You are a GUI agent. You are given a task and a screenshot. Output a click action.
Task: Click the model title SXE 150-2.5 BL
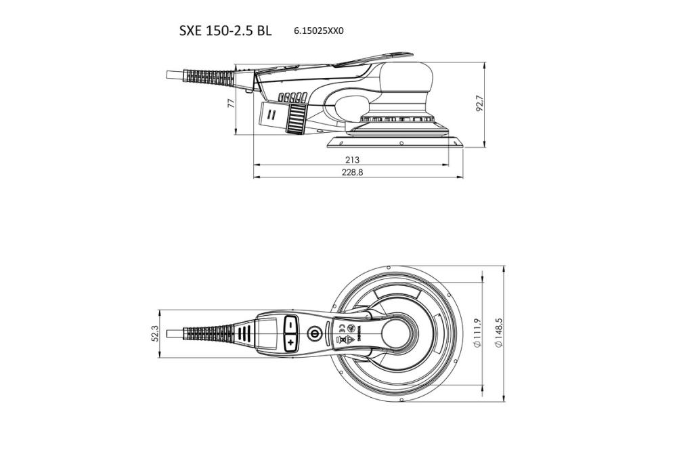[225, 30]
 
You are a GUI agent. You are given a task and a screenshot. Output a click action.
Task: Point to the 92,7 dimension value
[480, 104]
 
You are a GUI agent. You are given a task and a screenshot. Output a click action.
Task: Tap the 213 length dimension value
[351, 159]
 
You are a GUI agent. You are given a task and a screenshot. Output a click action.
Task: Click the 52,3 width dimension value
[154, 333]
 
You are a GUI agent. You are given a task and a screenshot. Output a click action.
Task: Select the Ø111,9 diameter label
[477, 333]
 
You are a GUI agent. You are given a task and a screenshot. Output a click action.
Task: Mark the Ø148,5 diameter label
[499, 333]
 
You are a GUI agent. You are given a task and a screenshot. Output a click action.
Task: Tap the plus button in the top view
[290, 344]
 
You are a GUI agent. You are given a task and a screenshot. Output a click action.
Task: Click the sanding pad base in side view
[396, 141]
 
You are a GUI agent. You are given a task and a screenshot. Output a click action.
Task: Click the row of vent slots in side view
[292, 96]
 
